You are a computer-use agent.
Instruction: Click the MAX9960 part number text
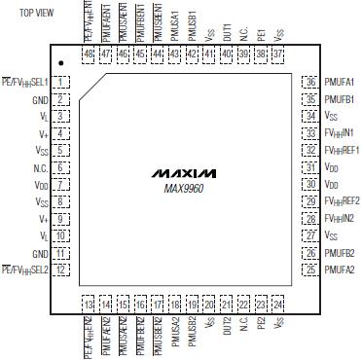tap(180, 185)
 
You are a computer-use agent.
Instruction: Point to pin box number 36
tap(310, 83)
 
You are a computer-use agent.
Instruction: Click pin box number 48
tap(90, 54)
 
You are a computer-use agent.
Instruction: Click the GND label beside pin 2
tap(40, 99)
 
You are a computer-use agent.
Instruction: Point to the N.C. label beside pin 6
tap(40, 167)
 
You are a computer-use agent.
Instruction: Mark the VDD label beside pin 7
tap(40, 184)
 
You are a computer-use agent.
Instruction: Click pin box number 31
tap(310, 167)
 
